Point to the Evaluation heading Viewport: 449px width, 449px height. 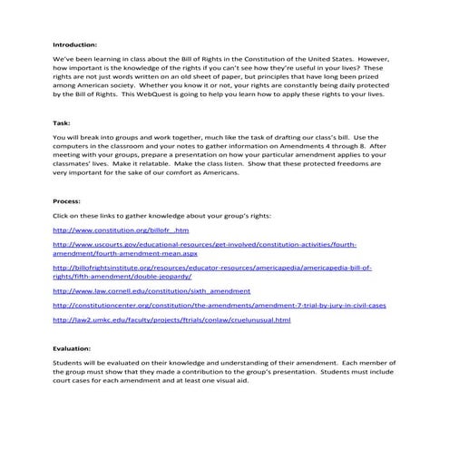75,348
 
